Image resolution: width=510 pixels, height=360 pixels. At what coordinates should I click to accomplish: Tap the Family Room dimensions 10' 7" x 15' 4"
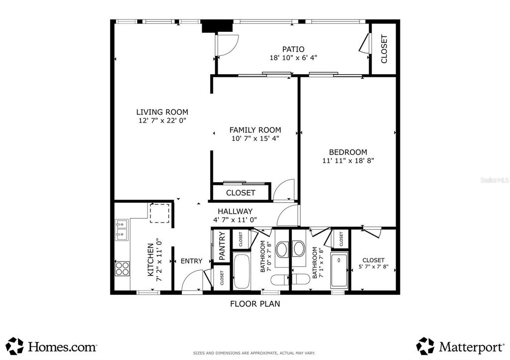tap(255, 138)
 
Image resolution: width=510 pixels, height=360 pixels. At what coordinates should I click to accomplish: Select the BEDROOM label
tap(348, 152)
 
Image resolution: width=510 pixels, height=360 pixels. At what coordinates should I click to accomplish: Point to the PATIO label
tap(293, 49)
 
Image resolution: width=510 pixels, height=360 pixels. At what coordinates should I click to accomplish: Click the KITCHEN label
tap(150, 259)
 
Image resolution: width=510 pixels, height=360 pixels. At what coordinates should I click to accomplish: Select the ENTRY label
tap(191, 261)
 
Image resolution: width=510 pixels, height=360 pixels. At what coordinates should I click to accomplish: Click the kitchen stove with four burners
tap(122, 269)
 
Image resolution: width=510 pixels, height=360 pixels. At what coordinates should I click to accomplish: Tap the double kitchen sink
tap(122, 230)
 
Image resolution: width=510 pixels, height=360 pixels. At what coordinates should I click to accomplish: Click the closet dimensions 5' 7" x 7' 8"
tap(373, 267)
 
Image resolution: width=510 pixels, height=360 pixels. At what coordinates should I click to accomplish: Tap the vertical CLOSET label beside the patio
tap(384, 49)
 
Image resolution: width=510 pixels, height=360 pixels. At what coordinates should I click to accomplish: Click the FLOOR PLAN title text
tap(255, 303)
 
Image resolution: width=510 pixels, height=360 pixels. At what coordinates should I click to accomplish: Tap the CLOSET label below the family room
tap(241, 193)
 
